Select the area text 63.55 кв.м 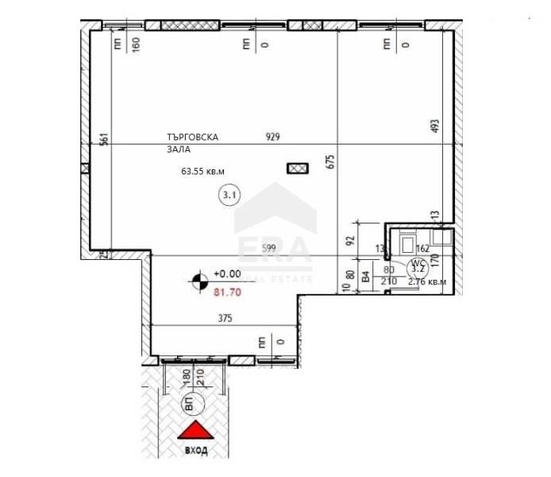click(x=203, y=171)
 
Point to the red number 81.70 click(x=227, y=292)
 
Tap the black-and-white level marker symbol click(x=198, y=279)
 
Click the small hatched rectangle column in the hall click(x=297, y=168)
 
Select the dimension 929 click(x=273, y=137)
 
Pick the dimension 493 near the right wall click(x=435, y=127)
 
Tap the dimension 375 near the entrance click(x=226, y=319)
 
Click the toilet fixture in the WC click(x=407, y=241)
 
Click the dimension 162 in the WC click(x=422, y=248)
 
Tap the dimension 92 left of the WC click(x=348, y=237)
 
